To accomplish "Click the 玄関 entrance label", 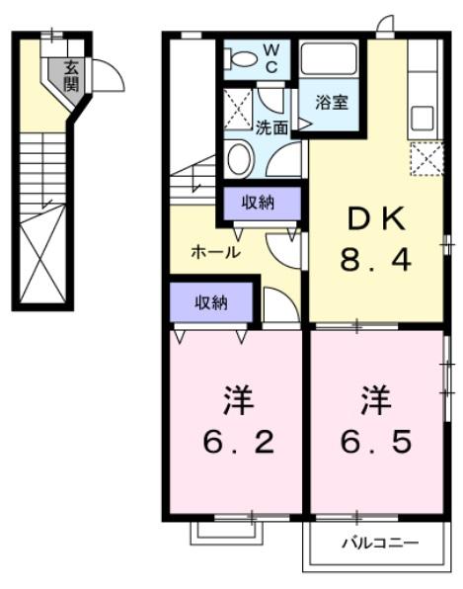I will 71,76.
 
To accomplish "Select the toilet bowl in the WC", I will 241,58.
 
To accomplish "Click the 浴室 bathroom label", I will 332,102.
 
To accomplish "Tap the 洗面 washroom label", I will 271,127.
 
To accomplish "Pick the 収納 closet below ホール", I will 210,302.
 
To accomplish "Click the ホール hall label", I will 214,252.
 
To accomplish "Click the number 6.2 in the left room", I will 237,440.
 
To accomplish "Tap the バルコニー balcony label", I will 380,543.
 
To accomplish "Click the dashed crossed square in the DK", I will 424,157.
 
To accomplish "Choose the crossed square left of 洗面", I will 237,110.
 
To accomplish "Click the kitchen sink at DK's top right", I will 423,118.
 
